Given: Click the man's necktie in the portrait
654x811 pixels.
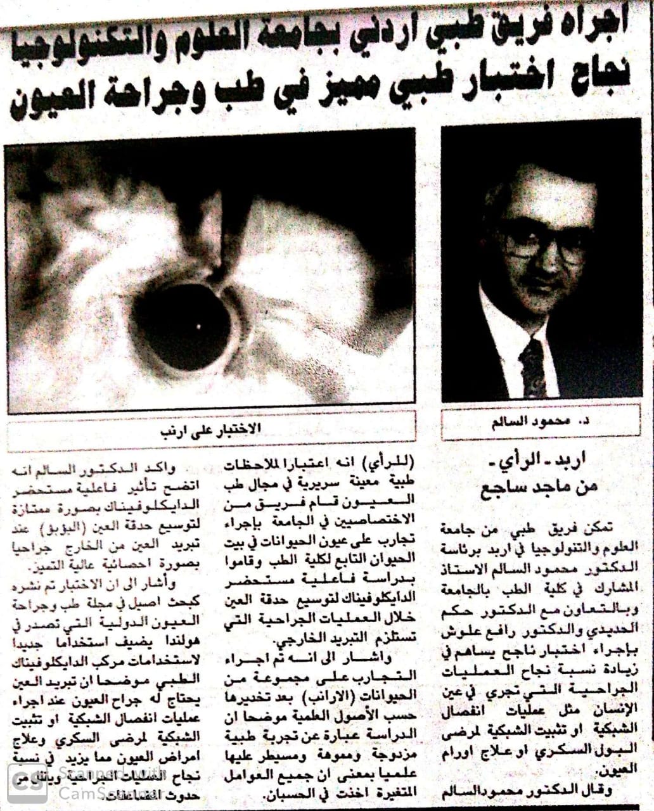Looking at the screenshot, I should (531, 367).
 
